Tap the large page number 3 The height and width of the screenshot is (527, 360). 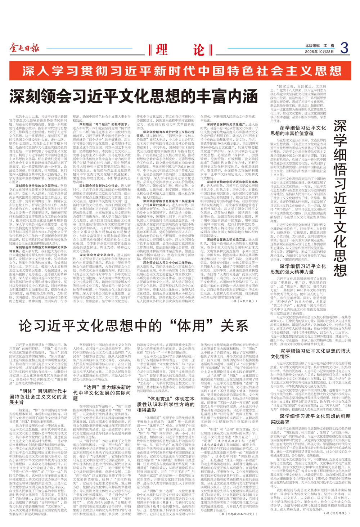pyautogui.click(x=344, y=48)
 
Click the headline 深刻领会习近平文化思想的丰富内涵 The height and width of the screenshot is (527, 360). pyautogui.click(x=134, y=97)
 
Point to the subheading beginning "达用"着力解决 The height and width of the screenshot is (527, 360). pyautogui.click(x=102, y=393)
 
